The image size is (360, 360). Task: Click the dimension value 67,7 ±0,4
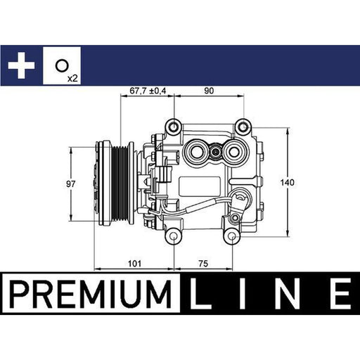tap(148, 91)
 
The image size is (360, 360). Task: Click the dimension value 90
tap(209, 91)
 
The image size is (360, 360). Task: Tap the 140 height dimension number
tap(287, 182)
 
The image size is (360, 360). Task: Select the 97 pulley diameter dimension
tap(70, 184)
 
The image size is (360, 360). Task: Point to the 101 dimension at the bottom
tap(135, 264)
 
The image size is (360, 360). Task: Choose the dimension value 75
tap(203, 264)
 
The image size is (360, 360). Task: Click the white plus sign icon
tap(21, 65)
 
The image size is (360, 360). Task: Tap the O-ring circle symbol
tap(62, 65)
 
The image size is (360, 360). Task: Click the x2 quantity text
tap(72, 78)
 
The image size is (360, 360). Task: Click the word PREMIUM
tap(90, 293)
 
